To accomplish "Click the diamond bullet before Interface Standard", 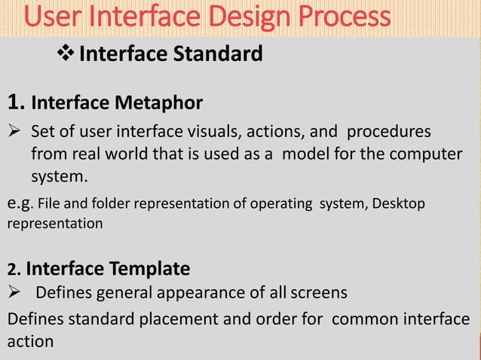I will (x=66, y=54).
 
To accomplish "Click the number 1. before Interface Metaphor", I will (x=17, y=101).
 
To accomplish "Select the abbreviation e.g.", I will (x=20, y=204).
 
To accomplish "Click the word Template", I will (x=149, y=269).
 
